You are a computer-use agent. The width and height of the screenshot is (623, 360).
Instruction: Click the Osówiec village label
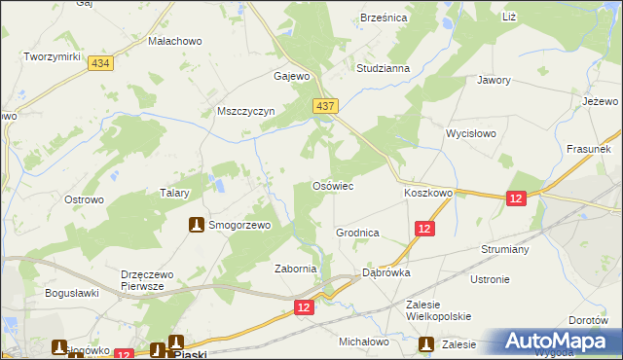point(332,185)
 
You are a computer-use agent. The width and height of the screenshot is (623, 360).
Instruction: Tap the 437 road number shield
point(325,105)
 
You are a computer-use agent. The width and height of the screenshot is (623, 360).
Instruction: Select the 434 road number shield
point(98,62)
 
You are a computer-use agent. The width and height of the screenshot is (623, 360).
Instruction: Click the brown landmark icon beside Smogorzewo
point(196,225)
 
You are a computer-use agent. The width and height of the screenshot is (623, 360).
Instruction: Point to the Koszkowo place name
point(428,194)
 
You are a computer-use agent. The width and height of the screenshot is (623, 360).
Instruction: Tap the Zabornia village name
point(296,269)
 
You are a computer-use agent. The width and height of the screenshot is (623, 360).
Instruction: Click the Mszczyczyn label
point(246,111)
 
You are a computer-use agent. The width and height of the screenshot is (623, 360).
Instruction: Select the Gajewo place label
point(292,76)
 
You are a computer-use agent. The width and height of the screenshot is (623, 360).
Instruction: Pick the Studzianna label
point(383,69)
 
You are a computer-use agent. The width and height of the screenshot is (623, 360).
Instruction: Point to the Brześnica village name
point(384,18)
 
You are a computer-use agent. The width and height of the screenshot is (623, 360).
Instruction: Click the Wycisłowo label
point(471,132)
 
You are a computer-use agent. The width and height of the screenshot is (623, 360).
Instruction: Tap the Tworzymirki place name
point(52,57)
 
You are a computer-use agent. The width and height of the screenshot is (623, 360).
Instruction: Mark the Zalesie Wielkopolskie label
point(438,310)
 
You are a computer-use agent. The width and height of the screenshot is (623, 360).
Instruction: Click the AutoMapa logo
point(557,341)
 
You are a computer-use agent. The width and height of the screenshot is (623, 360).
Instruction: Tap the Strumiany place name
point(503,249)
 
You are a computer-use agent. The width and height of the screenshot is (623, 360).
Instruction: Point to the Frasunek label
point(588,150)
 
